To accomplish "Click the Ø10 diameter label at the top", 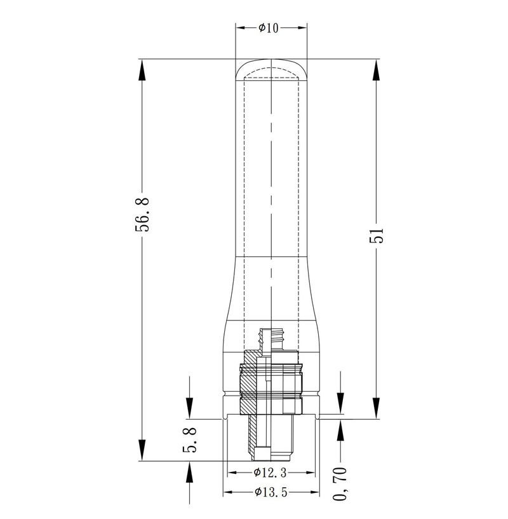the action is [x=269, y=28].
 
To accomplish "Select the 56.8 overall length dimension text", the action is [x=142, y=214].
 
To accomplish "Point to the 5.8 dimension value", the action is [x=190, y=439].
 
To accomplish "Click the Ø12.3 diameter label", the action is [x=270, y=473].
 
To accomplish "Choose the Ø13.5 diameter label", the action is [x=271, y=492].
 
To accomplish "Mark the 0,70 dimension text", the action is [x=340, y=483].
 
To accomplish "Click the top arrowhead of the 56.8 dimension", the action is [x=142, y=69].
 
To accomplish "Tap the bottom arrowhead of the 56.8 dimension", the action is [x=142, y=450].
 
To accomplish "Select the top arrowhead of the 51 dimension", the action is [x=376, y=69].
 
